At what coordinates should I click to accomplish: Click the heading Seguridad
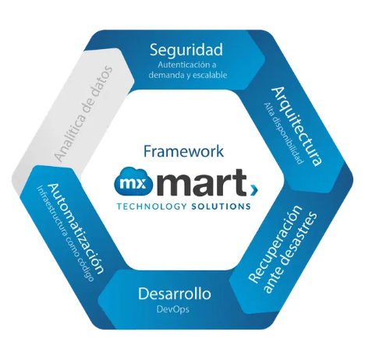click(186, 51)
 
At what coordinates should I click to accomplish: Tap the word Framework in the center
click(183, 151)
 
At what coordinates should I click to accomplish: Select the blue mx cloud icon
click(133, 181)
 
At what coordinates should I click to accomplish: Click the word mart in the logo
click(201, 183)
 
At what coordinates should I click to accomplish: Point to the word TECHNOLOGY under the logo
click(152, 206)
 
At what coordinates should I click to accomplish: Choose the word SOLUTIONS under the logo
click(221, 206)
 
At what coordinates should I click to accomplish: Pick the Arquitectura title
click(297, 126)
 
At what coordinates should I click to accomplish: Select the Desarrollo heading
click(175, 294)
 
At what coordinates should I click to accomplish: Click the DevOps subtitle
click(172, 309)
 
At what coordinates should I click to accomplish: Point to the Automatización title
click(76, 228)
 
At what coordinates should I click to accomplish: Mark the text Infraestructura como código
click(65, 234)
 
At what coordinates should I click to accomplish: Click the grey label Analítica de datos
click(83, 114)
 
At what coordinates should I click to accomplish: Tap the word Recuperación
click(275, 244)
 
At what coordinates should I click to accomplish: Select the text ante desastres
click(290, 253)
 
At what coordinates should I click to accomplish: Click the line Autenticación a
click(187, 65)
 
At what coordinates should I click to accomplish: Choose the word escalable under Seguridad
click(210, 75)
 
